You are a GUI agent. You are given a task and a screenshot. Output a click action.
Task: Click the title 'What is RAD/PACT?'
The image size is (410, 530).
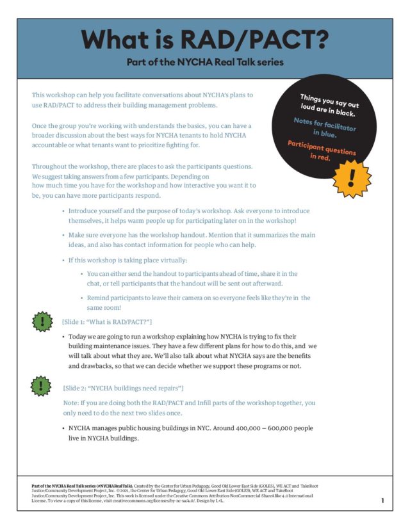[x=205, y=40]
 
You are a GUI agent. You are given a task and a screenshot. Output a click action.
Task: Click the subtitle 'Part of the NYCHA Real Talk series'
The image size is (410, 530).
[x=204, y=63]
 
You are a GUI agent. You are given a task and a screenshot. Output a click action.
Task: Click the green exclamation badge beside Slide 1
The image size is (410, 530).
[x=42, y=321]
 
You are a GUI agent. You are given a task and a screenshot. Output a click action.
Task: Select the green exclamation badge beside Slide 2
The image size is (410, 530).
[x=42, y=385]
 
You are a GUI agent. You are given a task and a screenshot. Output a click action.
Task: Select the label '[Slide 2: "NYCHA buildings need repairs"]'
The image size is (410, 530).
[x=123, y=388]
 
